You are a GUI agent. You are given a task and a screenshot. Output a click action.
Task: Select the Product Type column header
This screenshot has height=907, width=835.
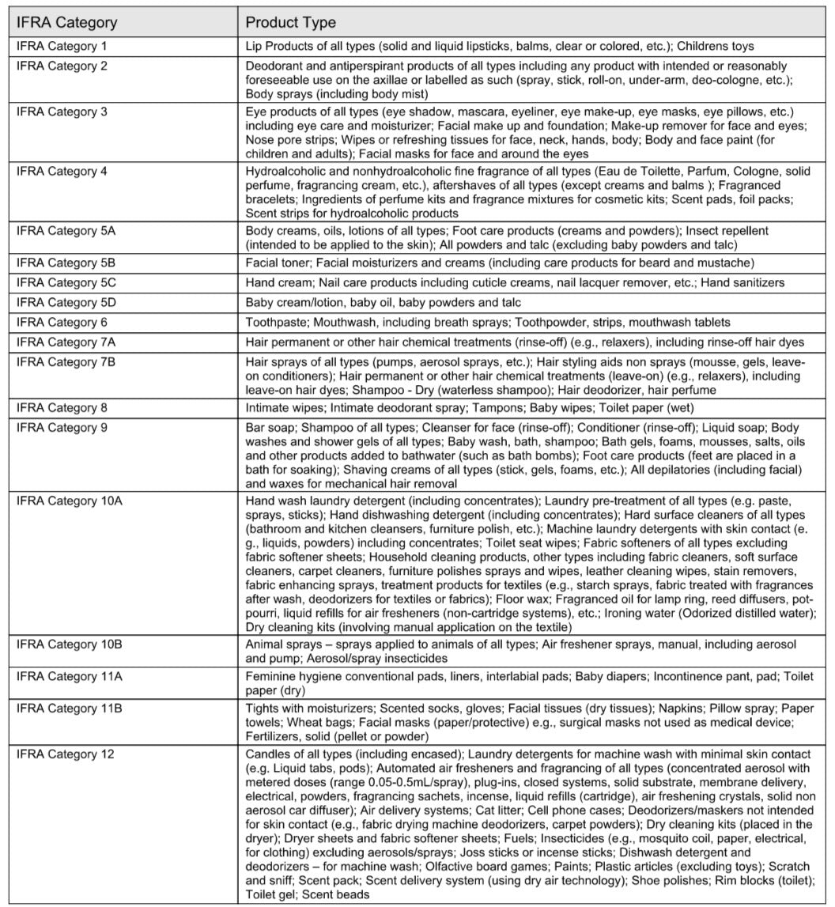[x=290, y=22]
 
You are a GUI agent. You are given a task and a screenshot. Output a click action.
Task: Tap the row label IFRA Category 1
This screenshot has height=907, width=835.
[x=62, y=47]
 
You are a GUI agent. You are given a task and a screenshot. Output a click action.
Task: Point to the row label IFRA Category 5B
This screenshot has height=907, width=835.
[x=66, y=263]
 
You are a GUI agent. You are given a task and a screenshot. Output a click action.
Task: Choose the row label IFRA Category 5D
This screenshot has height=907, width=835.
[x=66, y=302]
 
